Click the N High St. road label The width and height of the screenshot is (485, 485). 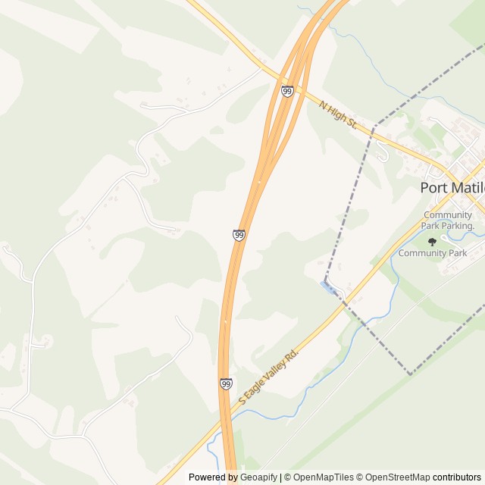337,115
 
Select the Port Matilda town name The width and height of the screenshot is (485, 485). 452,187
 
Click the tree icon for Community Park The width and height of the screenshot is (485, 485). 432,242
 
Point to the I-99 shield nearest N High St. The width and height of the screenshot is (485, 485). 286,91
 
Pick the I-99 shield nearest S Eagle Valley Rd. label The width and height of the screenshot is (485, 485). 227,384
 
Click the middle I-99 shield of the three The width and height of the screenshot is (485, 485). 239,236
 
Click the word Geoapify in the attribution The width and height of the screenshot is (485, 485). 260,477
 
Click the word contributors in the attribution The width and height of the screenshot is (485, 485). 457,477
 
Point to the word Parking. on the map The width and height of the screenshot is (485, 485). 458,226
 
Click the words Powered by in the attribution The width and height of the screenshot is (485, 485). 212,477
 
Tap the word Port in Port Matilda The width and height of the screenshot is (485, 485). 434,187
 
